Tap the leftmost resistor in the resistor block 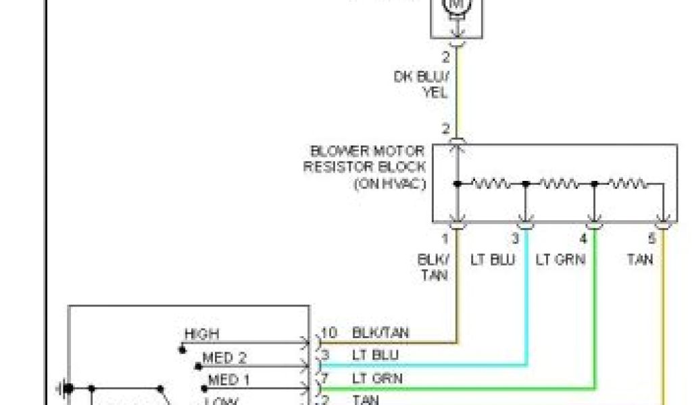tap(491, 183)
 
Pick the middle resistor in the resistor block tap(560, 183)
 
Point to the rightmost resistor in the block tap(628, 183)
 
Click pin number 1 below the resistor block tap(445, 238)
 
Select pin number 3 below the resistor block tap(515, 238)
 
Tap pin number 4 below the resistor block tap(583, 238)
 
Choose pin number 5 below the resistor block tap(651, 238)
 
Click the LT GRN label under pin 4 tap(560, 259)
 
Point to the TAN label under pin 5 tap(639, 259)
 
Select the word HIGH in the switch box tap(201, 334)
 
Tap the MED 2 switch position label tap(225, 357)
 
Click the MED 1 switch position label tap(228, 380)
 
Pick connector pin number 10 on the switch tap(329, 333)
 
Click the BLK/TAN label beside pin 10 tap(380, 333)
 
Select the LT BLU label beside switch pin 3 tap(376, 355)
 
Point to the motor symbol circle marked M tap(458, 5)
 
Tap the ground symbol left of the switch tap(65, 388)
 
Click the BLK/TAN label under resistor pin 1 tap(432, 267)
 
